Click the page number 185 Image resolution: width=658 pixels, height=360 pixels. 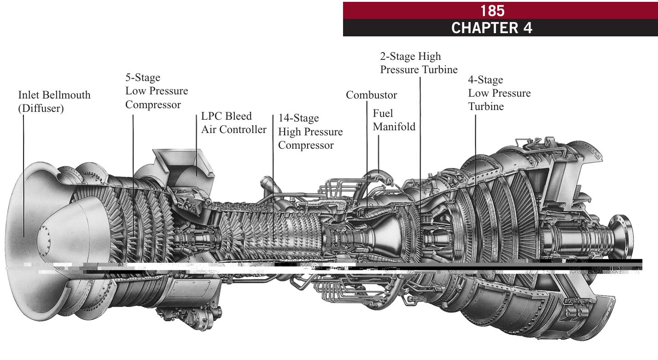point(492,10)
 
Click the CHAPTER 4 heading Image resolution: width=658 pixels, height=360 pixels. point(492,28)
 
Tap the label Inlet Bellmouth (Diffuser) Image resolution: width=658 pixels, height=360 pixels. point(54,102)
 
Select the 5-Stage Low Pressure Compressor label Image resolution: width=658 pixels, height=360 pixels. point(156,91)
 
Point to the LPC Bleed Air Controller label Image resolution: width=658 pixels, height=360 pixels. point(233,122)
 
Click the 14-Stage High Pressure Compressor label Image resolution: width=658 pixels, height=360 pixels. point(310,132)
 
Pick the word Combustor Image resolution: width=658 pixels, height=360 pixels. point(371,95)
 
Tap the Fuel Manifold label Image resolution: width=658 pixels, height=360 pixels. point(394,120)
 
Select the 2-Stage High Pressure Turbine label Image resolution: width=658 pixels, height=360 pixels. point(418,63)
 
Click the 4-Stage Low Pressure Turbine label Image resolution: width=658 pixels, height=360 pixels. point(499,93)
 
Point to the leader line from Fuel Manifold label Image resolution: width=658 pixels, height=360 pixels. point(378,152)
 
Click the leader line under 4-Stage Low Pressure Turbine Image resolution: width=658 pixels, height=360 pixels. point(475,152)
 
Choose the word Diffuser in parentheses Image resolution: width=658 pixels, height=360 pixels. point(41,109)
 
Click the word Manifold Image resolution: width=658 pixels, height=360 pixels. point(394,127)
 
